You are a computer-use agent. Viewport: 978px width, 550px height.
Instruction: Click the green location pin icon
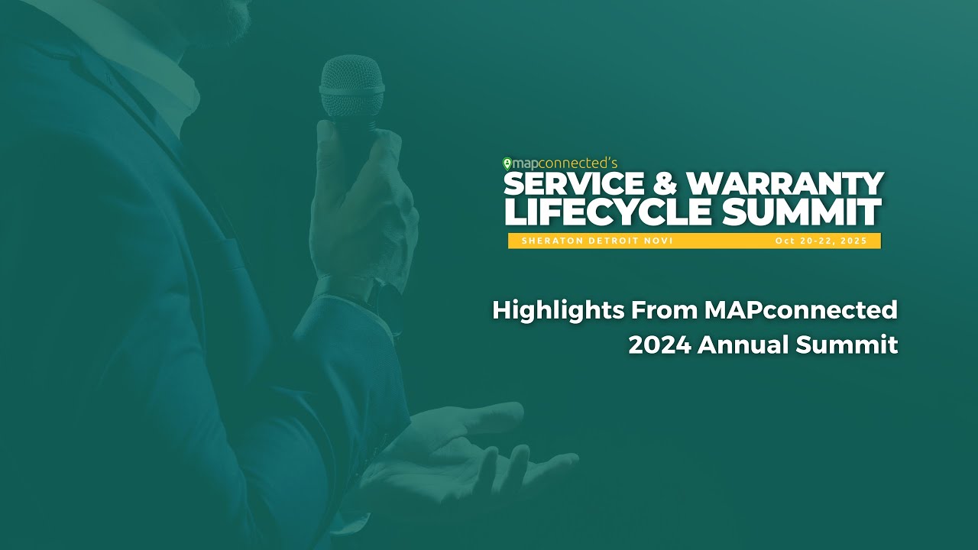pyautogui.click(x=507, y=163)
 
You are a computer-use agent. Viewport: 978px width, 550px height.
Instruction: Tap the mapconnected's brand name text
pyautogui.click(x=562, y=163)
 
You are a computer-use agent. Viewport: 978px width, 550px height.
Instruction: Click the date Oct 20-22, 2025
pyautogui.click(x=821, y=241)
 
